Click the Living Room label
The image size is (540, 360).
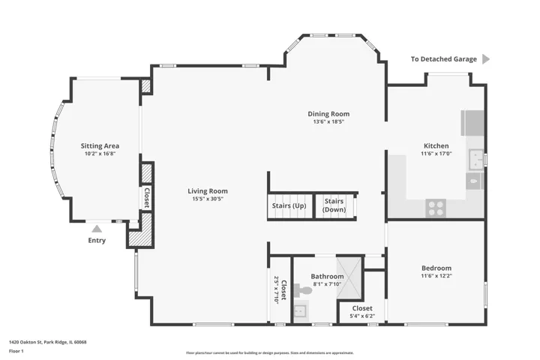(x=208, y=190)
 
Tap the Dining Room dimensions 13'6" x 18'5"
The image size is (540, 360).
(x=328, y=121)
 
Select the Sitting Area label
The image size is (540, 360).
(x=100, y=146)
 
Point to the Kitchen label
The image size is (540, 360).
(x=436, y=145)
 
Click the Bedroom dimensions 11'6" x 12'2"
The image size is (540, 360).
(x=436, y=275)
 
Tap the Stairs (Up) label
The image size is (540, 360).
(x=289, y=205)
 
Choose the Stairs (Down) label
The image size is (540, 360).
(x=334, y=205)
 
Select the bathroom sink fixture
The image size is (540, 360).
(x=300, y=311)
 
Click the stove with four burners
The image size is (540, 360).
(x=436, y=208)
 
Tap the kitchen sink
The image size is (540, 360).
(x=476, y=160)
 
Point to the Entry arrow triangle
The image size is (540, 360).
(x=97, y=229)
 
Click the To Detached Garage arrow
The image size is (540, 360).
(x=486, y=59)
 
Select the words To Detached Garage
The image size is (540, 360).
(x=443, y=59)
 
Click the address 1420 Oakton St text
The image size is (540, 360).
(x=25, y=342)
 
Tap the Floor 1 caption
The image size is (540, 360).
(x=16, y=351)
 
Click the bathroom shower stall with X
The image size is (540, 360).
(x=349, y=277)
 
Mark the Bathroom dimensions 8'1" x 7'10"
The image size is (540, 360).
(x=327, y=284)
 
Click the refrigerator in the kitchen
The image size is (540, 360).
(x=472, y=123)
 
